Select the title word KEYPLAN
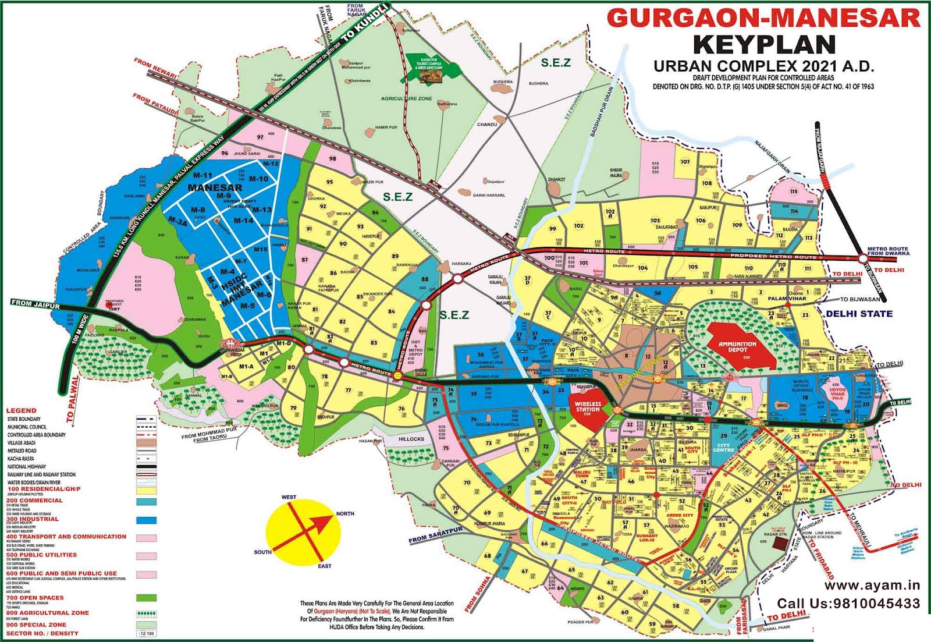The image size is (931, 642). (764, 45)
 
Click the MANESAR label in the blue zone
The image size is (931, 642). (215, 187)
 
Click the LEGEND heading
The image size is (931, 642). (21, 410)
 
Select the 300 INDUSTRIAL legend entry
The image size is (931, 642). (33, 519)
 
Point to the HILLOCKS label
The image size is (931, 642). (411, 439)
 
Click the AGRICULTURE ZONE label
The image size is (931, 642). (406, 99)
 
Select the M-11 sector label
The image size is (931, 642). (202, 175)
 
